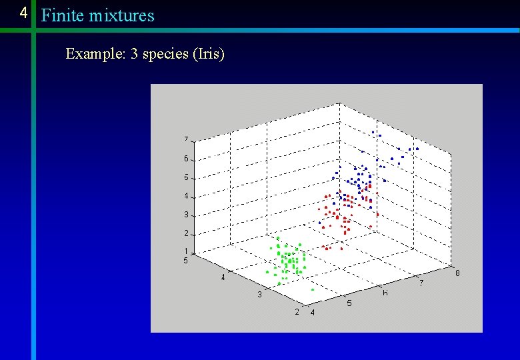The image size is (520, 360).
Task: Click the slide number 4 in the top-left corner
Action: (24, 13)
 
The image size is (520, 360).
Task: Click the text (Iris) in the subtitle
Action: (207, 54)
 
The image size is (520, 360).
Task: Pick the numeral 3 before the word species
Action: (134, 54)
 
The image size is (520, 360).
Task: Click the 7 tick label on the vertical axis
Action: (186, 139)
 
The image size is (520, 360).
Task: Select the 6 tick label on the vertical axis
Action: (186, 159)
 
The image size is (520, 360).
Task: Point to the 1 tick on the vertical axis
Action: (186, 251)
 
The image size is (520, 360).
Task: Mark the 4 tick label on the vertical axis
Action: (186, 196)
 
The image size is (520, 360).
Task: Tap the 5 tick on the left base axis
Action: (186, 260)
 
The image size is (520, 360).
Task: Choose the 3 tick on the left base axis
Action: (259, 295)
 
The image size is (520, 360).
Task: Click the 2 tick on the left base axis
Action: (297, 312)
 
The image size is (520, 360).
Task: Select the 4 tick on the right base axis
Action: (312, 313)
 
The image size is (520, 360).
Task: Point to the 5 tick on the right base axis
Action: (349, 303)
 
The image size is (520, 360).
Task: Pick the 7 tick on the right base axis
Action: (421, 283)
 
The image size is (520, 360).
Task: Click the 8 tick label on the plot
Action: (457, 273)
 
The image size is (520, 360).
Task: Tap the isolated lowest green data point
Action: (313, 290)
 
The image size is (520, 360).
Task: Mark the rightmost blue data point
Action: (417, 148)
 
